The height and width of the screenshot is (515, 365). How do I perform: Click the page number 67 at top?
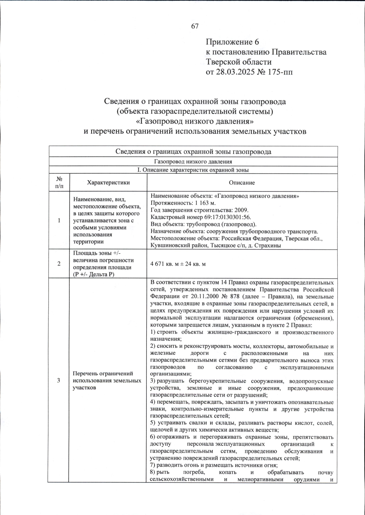coord(195,26)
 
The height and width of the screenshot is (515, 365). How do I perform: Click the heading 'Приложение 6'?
coord(232,42)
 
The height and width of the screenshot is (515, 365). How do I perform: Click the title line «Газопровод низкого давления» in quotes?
coord(195,121)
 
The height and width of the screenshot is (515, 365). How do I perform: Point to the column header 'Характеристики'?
coord(108,183)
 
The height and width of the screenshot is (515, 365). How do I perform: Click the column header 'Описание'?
coord(242,183)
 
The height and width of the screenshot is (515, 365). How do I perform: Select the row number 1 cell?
coord(59,220)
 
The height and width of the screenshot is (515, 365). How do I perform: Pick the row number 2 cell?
coord(59,264)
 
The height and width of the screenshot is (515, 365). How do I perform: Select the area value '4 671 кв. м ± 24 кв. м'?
coord(178,264)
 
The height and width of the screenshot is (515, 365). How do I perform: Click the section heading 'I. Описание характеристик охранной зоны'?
coord(193,170)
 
